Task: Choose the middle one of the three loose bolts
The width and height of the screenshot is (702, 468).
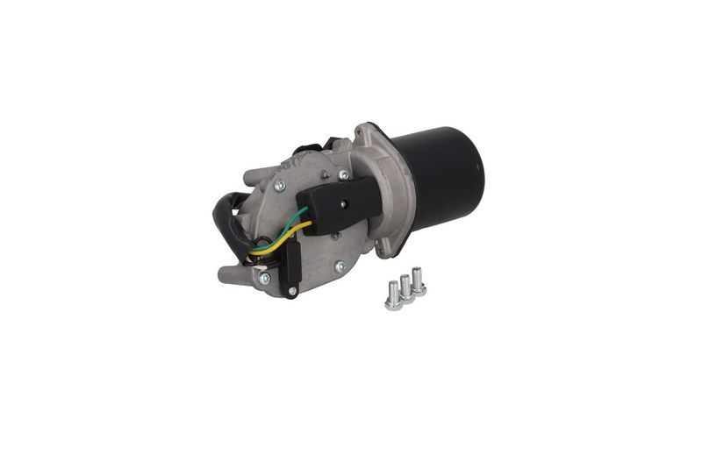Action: (x=406, y=290)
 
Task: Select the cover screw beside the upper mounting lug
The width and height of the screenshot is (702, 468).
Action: (x=282, y=186)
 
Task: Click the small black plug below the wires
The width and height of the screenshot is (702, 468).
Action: (x=291, y=263)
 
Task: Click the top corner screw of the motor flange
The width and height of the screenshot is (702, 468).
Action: (x=359, y=132)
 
